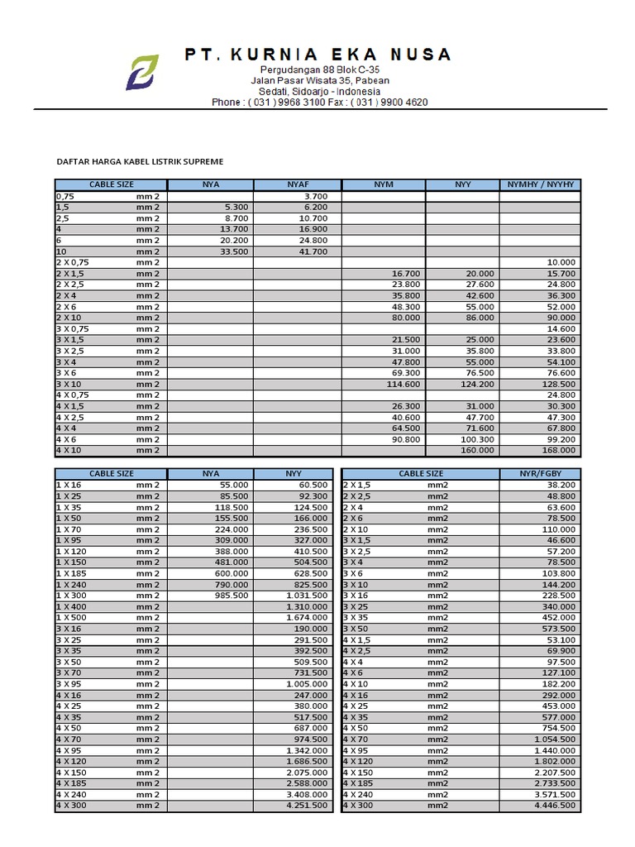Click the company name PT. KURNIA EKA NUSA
click(x=318, y=55)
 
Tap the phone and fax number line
click(x=319, y=103)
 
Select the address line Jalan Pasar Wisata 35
click(x=320, y=81)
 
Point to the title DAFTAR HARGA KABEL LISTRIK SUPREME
click(x=139, y=162)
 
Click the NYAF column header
click(x=297, y=184)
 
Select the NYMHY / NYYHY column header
click(x=540, y=184)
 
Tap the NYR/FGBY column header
click(x=540, y=474)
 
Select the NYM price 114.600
click(x=404, y=385)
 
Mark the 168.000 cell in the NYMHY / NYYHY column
click(x=560, y=451)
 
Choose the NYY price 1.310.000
click(x=310, y=606)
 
